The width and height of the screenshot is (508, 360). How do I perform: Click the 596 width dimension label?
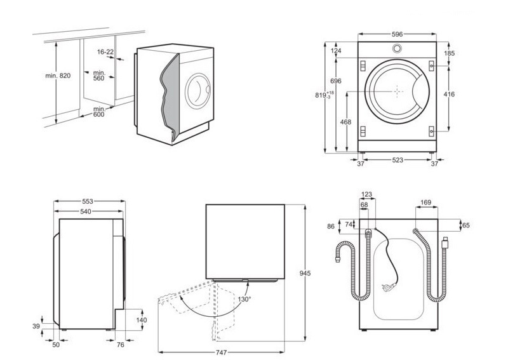pos(398,34)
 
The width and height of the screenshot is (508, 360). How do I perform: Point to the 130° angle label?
pos(244,298)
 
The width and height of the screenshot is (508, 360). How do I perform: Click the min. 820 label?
pos(58,76)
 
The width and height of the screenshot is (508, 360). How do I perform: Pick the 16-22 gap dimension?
pos(105,51)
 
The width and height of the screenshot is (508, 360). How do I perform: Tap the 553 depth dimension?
pos(88,201)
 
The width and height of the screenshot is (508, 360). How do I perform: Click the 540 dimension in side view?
pos(88,211)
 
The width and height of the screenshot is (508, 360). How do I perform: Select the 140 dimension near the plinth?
pos(142,320)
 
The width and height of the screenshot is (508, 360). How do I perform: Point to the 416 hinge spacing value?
pos(449,95)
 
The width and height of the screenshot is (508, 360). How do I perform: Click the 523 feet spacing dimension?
pos(398,161)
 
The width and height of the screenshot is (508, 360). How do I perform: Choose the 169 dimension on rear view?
pos(425,203)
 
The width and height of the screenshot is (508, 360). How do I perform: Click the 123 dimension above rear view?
pos(366,195)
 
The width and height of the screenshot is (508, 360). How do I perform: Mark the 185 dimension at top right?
pos(449,53)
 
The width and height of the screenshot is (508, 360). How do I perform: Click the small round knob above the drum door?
pos(397,49)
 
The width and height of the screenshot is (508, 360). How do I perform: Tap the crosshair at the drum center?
pos(398,91)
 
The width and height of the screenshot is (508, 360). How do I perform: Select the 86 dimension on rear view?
pos(330,225)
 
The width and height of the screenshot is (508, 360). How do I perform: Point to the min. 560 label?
pos(99,75)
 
